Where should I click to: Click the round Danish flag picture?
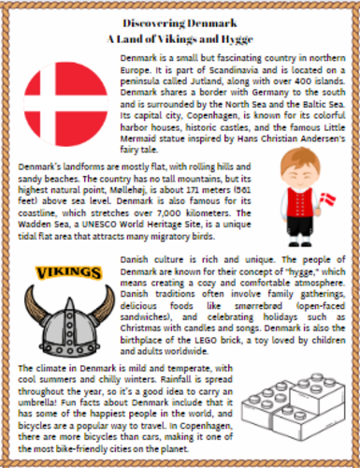click(60, 101)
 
